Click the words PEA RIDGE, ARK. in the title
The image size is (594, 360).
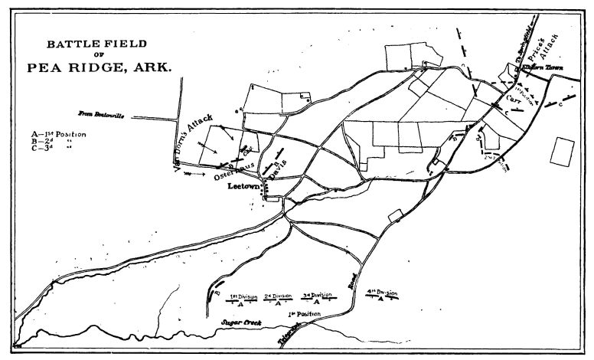click(100, 67)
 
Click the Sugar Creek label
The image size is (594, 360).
click(242, 323)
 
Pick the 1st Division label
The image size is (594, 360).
click(243, 296)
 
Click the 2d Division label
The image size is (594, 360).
click(278, 296)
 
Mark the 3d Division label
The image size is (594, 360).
click(316, 296)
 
